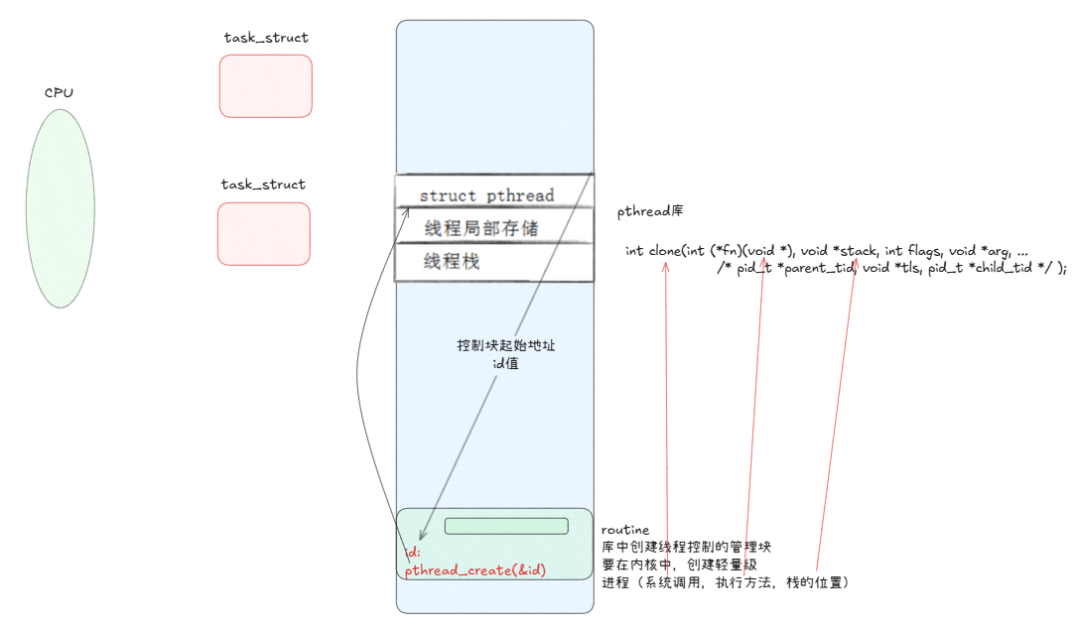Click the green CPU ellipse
(x=60, y=208)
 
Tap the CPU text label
(x=59, y=92)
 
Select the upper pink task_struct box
(x=265, y=86)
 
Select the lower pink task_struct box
(x=263, y=234)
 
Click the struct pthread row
(x=486, y=195)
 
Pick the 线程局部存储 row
(x=480, y=228)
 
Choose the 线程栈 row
(x=453, y=262)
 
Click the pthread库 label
(x=649, y=211)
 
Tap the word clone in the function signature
(x=663, y=250)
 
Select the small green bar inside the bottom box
(x=506, y=526)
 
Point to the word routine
(x=625, y=530)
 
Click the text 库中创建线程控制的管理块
(x=687, y=547)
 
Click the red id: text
(x=414, y=552)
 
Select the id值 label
(x=505, y=363)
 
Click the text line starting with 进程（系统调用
(x=725, y=582)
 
